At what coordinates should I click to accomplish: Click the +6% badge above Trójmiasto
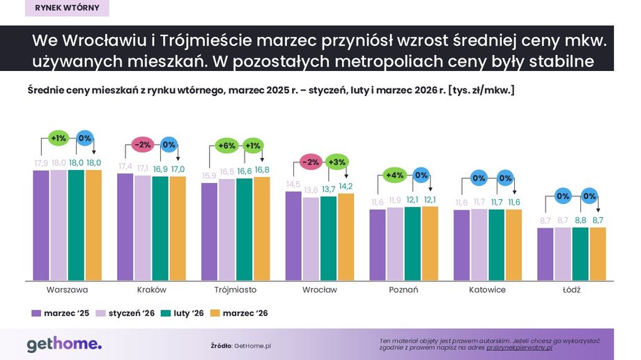pos(227,146)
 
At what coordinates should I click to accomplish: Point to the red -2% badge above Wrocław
pos(311,162)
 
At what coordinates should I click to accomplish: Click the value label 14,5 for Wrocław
pos(294,184)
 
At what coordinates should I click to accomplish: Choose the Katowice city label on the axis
pos(487,289)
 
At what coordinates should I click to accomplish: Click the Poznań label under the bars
pos(404,289)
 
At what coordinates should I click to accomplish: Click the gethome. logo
pos(64,344)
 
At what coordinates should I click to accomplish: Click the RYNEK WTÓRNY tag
pos(65,8)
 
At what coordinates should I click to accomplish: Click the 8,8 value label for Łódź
pos(580,220)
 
